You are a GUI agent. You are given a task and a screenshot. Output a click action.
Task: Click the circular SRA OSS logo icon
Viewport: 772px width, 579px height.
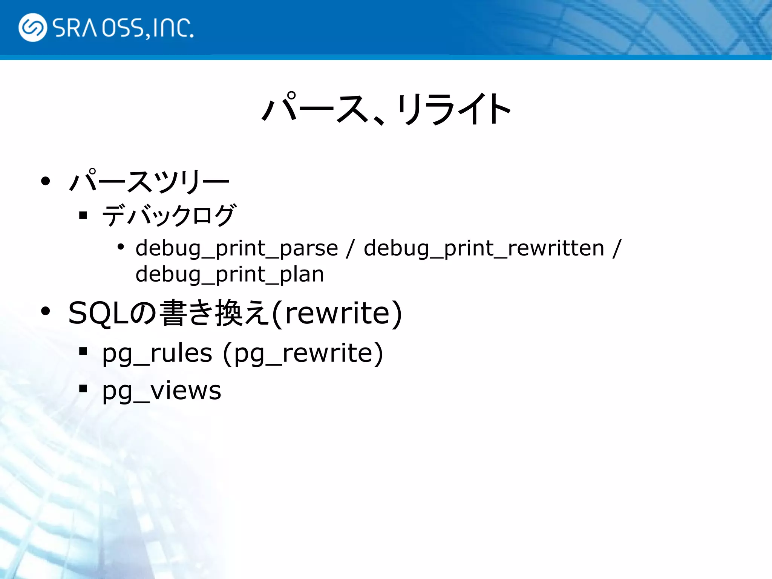(33, 28)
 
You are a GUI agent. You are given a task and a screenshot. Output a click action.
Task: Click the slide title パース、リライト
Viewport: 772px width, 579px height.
(386, 109)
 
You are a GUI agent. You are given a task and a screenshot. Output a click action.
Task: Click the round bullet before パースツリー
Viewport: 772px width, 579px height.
(46, 181)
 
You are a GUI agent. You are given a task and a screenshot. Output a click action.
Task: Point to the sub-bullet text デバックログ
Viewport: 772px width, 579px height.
(169, 216)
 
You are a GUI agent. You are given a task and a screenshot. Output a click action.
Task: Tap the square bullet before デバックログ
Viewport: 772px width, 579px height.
(83, 216)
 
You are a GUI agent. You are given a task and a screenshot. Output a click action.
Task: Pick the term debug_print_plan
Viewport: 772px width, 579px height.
(230, 274)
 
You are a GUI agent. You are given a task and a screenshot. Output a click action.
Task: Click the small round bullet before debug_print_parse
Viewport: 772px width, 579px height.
(121, 247)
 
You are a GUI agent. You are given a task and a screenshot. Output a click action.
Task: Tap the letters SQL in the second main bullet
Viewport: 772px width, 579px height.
(98, 313)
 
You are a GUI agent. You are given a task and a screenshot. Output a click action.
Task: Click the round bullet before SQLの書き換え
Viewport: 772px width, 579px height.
(46, 312)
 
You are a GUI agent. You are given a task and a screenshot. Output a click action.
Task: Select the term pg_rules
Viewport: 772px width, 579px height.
(157, 354)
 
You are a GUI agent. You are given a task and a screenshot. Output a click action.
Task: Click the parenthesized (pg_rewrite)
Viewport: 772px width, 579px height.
(303, 354)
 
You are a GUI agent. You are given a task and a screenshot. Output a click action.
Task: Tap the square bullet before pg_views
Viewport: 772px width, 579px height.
(83, 389)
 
